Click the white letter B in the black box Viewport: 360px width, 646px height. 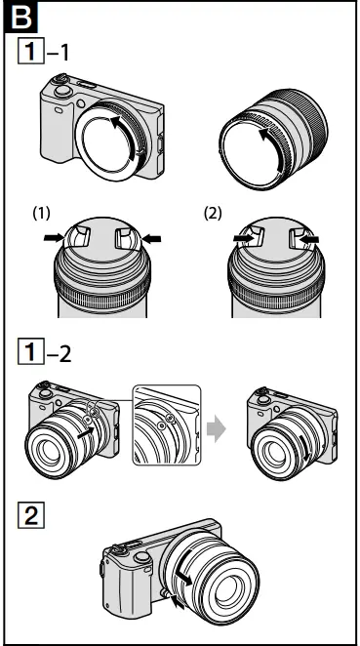click(17, 17)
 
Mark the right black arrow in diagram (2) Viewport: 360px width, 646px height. click(303, 238)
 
